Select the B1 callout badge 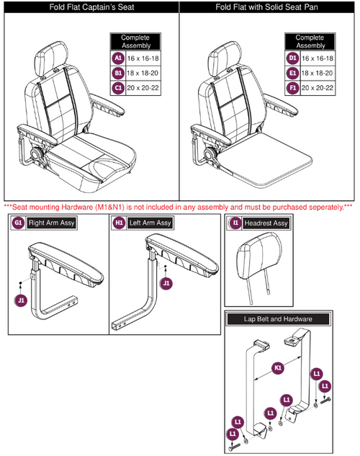tap(117, 73)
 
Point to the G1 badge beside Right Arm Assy tap(17, 223)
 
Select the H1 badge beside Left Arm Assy tap(120, 223)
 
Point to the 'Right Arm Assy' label tap(52, 223)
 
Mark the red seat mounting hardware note tap(178, 207)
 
